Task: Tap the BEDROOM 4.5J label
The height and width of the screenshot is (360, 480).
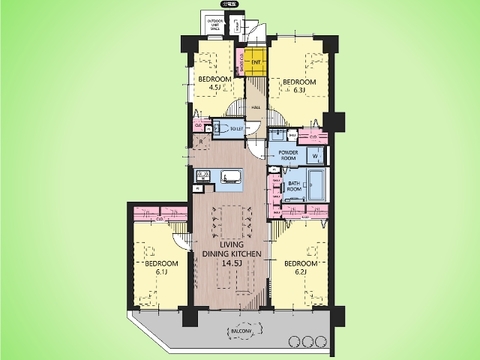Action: [x=214, y=83]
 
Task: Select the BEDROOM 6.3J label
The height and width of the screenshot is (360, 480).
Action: [x=300, y=84]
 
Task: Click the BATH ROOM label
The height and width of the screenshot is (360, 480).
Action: [x=292, y=186]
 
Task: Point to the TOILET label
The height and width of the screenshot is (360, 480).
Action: [x=237, y=127]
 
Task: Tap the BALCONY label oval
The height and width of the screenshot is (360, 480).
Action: [x=240, y=330]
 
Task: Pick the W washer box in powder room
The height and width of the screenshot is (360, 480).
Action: [x=316, y=156]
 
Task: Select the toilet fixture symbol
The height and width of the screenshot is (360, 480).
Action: [x=220, y=127]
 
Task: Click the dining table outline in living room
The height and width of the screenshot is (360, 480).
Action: [x=231, y=220]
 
